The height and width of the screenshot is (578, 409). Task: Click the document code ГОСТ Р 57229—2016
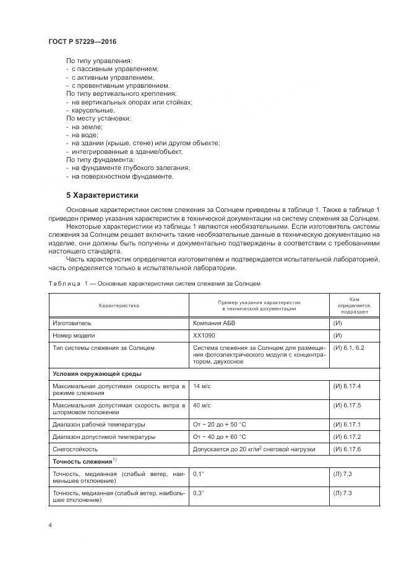(82, 41)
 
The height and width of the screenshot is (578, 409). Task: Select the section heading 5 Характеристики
(103, 195)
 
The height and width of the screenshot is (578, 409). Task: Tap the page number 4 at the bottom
(50, 525)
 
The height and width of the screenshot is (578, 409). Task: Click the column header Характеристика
(119, 305)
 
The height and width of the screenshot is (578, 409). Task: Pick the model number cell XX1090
(204, 336)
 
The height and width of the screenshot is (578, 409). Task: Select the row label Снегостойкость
(78, 449)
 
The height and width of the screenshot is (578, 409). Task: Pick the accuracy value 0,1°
(199, 474)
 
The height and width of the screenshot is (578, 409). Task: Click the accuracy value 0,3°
(199, 493)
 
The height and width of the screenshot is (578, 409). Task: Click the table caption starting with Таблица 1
(155, 283)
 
